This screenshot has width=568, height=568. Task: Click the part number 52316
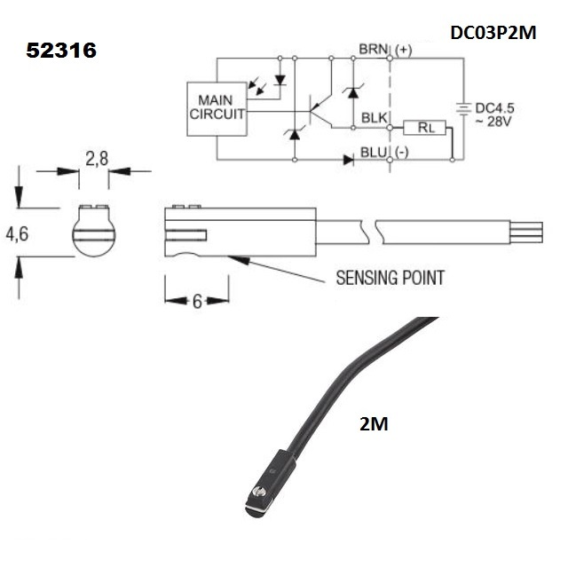61,51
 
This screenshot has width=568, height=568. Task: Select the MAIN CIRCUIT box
216,108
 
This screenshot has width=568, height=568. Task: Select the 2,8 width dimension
97,159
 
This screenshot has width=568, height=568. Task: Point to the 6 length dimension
197,300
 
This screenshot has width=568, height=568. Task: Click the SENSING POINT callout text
390,278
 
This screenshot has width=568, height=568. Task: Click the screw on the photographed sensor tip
260,492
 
